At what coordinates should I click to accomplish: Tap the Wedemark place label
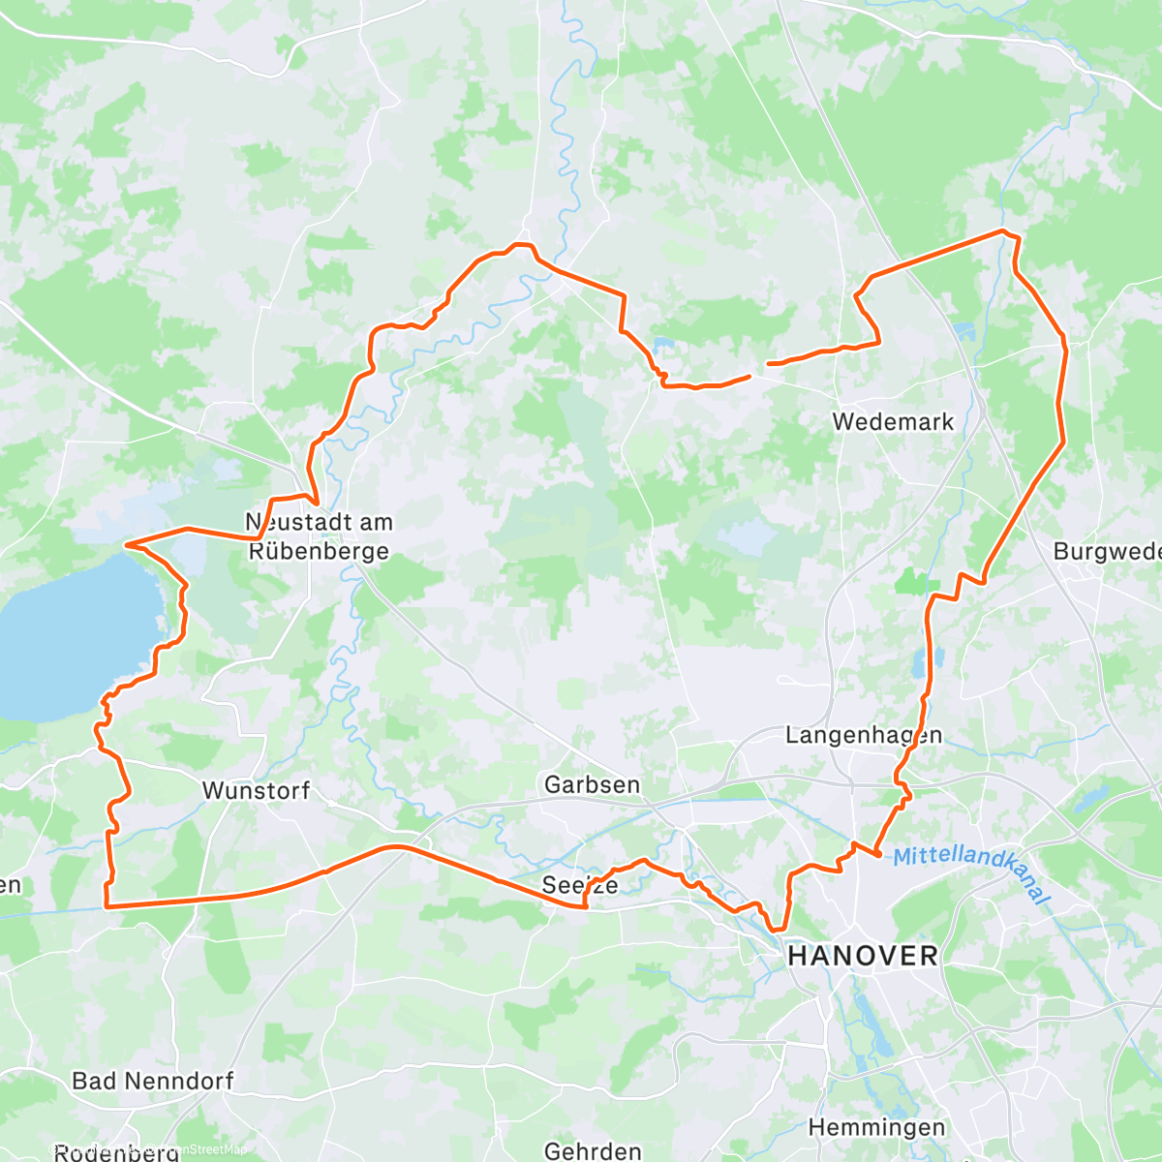[x=893, y=422]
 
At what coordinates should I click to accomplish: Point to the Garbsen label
[x=592, y=784]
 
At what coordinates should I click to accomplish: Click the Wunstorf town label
[x=256, y=790]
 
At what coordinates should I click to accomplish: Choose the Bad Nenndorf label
[x=153, y=1081]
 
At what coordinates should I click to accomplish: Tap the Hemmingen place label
[x=876, y=1127]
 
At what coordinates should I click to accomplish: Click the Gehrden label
[x=593, y=1150]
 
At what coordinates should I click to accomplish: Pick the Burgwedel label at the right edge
[x=1107, y=551]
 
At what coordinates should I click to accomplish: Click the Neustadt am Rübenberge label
[x=319, y=536]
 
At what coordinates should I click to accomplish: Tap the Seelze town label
[x=580, y=884]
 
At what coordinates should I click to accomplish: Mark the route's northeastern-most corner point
[x=1004, y=230]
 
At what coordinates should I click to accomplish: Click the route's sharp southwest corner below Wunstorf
[x=106, y=906]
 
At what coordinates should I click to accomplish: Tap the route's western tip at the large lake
[x=126, y=545]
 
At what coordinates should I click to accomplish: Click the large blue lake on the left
[x=68, y=639]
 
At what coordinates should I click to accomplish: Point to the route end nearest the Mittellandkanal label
[x=877, y=854]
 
